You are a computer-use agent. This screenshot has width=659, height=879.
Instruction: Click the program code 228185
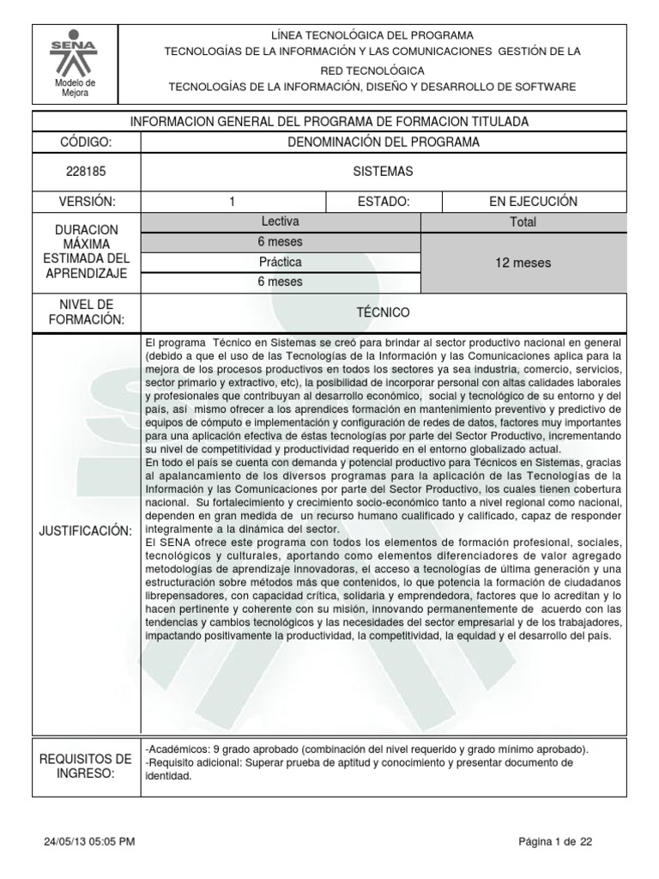tap(85, 172)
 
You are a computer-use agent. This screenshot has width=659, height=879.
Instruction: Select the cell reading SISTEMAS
tap(383, 172)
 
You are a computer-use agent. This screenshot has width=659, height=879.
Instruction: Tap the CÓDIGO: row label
tap(85, 142)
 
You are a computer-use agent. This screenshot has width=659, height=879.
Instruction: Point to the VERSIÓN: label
tap(85, 202)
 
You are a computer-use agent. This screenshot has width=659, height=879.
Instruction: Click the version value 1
tap(232, 202)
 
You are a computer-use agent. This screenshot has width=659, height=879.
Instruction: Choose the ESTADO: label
tap(383, 202)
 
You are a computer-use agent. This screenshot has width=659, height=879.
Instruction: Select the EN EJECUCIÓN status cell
tap(533, 202)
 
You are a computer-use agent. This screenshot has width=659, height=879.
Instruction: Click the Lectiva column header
tap(280, 221)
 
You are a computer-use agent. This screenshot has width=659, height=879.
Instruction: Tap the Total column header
tap(523, 222)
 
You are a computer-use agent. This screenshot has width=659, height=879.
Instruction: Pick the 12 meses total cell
tap(523, 263)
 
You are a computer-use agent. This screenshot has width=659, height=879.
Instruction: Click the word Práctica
tap(280, 262)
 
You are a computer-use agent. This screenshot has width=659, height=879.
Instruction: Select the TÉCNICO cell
tap(383, 312)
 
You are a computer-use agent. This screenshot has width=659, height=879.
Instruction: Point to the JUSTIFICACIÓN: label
tap(85, 532)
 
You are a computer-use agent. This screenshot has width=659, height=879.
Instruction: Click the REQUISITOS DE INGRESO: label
tap(85, 767)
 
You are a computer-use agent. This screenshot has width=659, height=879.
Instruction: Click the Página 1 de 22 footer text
tap(555, 842)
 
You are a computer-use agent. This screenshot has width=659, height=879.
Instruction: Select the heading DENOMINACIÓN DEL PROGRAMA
tap(383, 142)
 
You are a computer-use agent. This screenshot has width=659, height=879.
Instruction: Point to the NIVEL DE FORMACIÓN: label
tap(85, 312)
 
